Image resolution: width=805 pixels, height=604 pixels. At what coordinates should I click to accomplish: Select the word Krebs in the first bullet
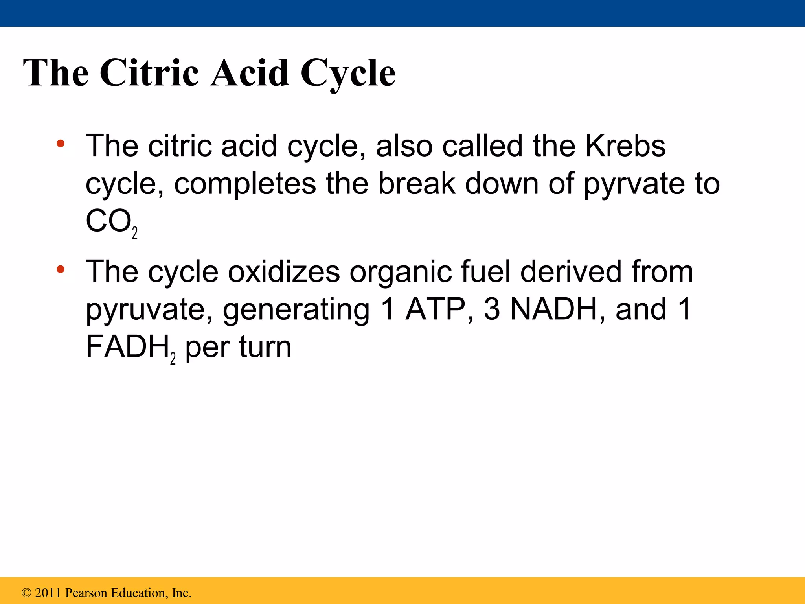[625, 146]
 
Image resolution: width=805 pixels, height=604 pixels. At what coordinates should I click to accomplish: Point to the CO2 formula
[111, 222]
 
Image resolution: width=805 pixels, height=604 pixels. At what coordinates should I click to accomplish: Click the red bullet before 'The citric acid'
[60, 144]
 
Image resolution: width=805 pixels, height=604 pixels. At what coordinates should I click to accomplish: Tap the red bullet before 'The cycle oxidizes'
[60, 269]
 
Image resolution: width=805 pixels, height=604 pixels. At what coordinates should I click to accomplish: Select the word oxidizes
[284, 272]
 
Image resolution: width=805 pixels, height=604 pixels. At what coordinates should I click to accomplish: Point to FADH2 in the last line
[130, 348]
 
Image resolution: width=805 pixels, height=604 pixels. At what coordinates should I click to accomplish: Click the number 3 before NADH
[491, 309]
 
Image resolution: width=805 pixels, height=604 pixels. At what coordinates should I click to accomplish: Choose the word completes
[245, 184]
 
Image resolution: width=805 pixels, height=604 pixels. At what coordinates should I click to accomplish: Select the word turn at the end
[265, 348]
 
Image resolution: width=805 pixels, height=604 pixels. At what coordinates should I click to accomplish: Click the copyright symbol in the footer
[26, 593]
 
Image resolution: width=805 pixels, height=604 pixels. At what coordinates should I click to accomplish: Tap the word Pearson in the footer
[85, 593]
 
